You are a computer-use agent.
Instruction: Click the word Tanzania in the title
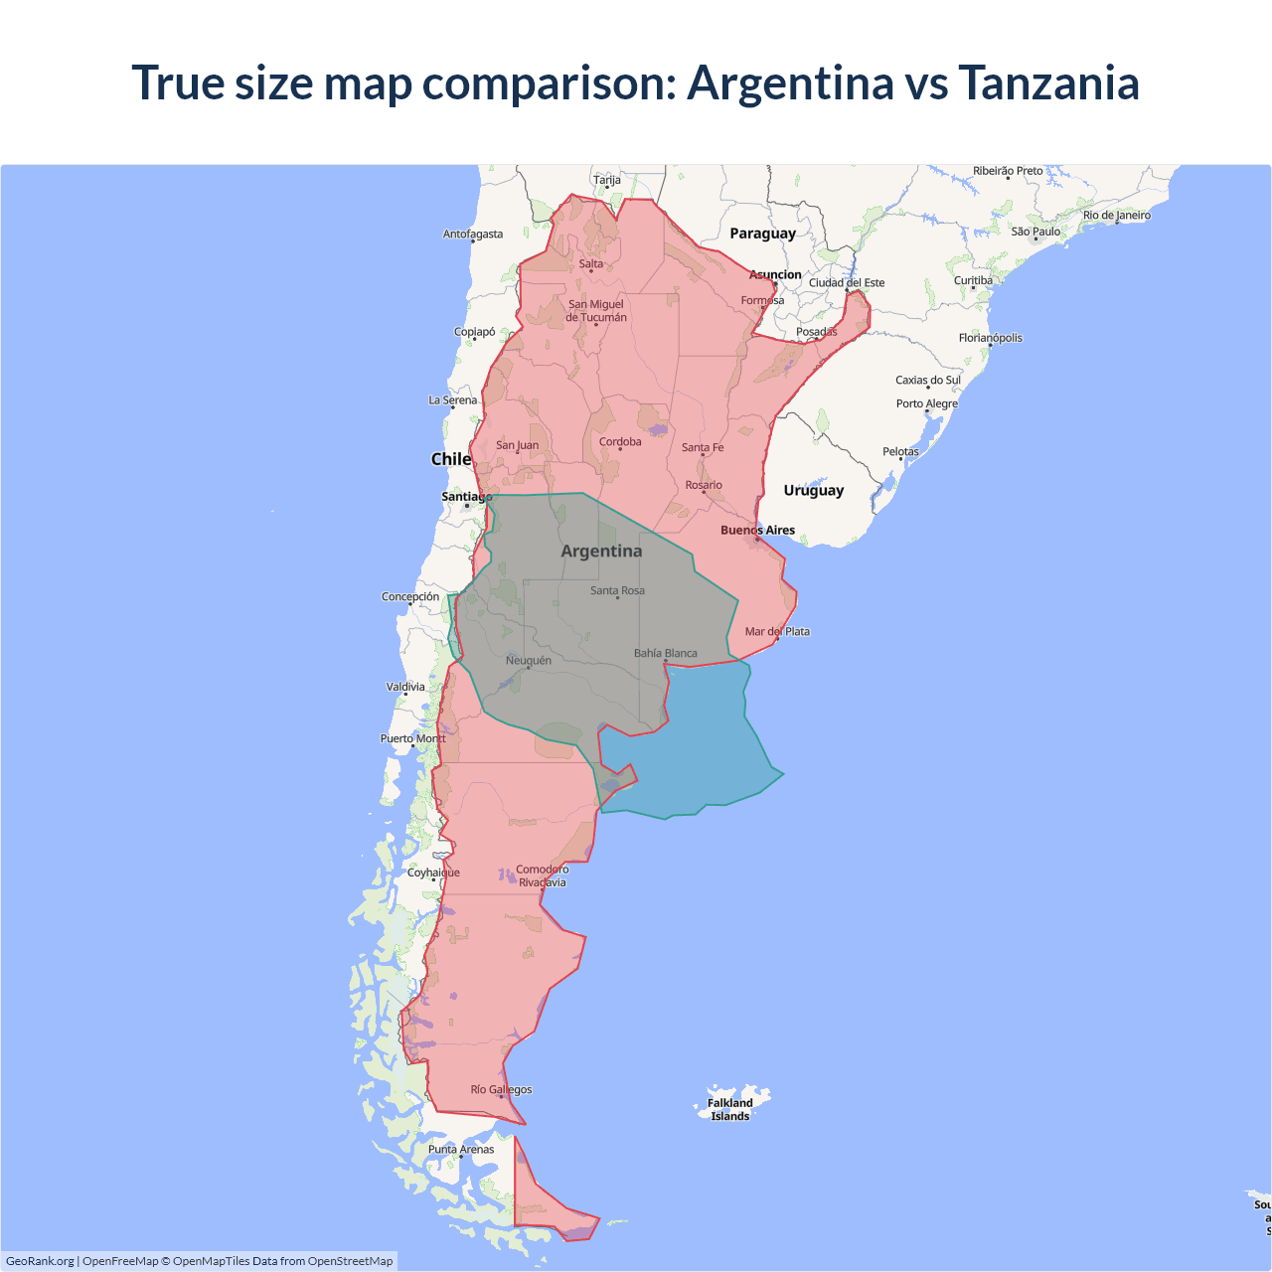click(x=1048, y=82)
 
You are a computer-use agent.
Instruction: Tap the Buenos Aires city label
click(x=757, y=530)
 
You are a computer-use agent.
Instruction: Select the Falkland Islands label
click(x=730, y=1109)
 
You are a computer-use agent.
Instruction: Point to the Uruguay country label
click(x=813, y=490)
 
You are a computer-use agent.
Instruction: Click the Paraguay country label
click(x=762, y=234)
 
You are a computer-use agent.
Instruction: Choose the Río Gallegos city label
click(x=501, y=1089)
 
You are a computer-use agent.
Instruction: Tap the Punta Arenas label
click(x=461, y=1149)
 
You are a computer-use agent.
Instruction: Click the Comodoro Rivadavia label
click(x=542, y=875)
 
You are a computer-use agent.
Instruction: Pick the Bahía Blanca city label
click(x=666, y=653)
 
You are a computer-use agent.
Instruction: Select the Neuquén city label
click(x=528, y=660)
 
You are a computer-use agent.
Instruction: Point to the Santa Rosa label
click(x=617, y=590)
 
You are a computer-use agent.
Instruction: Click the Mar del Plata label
click(x=777, y=631)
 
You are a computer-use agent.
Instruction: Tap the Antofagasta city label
click(x=473, y=235)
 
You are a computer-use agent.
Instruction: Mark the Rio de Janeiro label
click(x=1117, y=215)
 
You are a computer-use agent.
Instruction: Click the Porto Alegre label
click(x=927, y=403)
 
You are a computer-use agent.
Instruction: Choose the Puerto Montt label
click(x=413, y=738)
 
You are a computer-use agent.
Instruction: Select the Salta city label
click(x=591, y=263)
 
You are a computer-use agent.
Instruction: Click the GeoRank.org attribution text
click(x=40, y=1261)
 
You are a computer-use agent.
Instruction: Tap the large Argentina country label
click(x=601, y=551)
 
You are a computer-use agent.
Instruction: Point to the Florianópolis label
click(x=990, y=338)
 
